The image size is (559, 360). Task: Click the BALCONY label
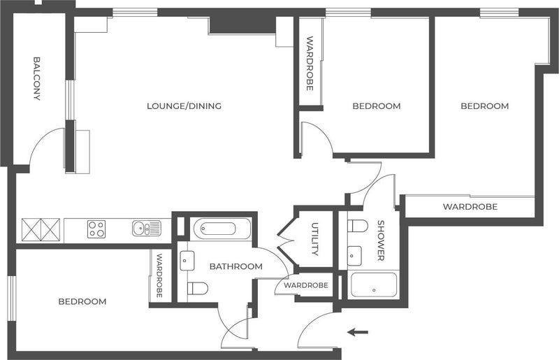click(x=37, y=78)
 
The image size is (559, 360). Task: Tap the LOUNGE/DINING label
click(x=184, y=106)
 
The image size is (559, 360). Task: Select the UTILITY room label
click(x=315, y=238)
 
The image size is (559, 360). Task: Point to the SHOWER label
click(x=381, y=240)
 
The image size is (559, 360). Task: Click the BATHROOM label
click(x=236, y=266)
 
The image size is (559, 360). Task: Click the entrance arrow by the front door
click(x=358, y=333)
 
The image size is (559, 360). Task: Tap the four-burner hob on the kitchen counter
click(x=96, y=229)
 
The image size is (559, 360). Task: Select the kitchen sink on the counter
click(x=147, y=229)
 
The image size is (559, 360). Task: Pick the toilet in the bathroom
click(x=198, y=288)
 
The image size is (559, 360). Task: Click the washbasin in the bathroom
click(x=187, y=261)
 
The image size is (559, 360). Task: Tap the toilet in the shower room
click(x=358, y=226)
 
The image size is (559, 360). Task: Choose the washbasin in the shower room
click(x=354, y=256)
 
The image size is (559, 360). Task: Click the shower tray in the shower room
click(x=374, y=285)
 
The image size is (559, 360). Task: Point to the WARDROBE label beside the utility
click(x=306, y=285)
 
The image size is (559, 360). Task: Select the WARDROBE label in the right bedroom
click(x=470, y=207)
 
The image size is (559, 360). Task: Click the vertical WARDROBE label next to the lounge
click(x=310, y=64)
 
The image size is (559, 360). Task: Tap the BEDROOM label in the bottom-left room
click(x=82, y=301)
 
